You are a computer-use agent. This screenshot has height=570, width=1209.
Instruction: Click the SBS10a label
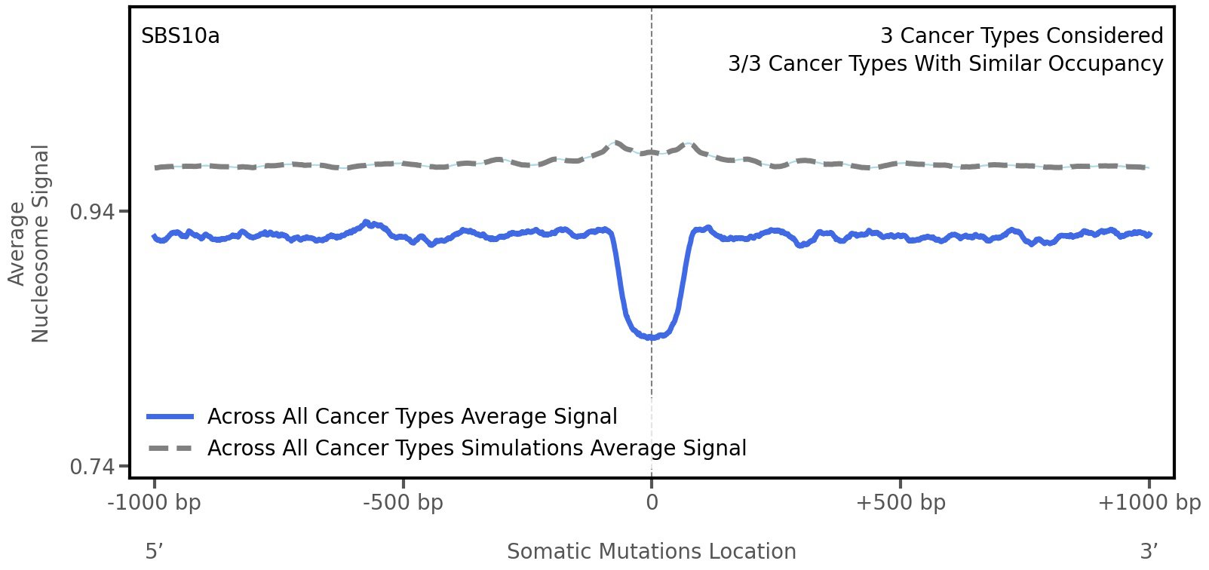coord(180,36)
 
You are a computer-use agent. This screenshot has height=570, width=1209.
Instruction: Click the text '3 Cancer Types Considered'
coord(1021,36)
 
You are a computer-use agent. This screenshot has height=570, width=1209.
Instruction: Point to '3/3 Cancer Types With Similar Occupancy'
coord(945,64)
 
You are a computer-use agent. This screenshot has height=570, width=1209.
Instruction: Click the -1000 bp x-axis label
coord(155,503)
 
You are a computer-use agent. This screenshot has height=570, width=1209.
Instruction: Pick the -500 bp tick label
coord(403,503)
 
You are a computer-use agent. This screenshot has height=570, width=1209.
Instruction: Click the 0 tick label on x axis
coord(652,503)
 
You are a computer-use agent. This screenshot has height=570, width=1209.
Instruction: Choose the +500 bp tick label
coord(901,503)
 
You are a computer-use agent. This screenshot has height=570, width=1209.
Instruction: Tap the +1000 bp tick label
coord(1149,503)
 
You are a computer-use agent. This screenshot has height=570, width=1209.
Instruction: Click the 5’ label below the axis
coord(154,552)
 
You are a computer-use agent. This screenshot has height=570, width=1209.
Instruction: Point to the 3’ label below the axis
coord(1149,552)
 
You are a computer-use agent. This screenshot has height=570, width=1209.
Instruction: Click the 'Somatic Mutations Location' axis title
coord(651,552)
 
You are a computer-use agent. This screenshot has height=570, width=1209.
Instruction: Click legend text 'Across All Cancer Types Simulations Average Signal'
coord(477,449)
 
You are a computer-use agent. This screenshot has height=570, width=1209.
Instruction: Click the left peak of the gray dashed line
coord(616,142)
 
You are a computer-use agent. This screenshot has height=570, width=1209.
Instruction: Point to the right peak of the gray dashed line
coord(687,142)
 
